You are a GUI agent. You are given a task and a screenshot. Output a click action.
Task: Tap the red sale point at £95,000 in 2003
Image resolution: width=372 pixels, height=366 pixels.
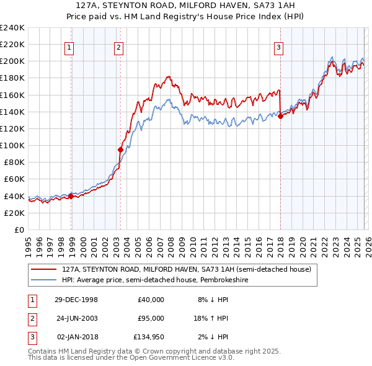point(120,149)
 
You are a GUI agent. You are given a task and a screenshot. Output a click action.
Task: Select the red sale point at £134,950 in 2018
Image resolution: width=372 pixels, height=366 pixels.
point(280,115)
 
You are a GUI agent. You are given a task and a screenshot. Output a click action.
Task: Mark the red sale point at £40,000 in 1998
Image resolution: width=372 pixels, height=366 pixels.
point(71,195)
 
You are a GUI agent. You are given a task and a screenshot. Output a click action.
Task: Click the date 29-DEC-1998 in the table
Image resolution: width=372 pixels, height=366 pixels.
point(76,300)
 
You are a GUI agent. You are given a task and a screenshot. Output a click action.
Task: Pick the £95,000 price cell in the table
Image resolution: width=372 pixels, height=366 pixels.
point(151,318)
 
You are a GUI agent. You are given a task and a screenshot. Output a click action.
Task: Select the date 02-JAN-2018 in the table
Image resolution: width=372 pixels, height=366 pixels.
point(76,337)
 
